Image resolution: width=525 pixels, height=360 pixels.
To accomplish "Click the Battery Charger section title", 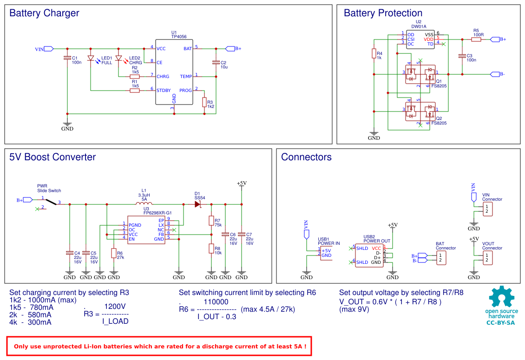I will [44, 13].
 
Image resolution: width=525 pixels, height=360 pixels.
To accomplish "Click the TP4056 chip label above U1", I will [179, 37].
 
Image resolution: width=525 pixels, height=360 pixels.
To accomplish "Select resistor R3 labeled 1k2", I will [204, 102].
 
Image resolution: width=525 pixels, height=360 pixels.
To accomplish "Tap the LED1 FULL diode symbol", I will [91, 59].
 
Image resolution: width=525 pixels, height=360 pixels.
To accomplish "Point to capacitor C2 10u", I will [216, 62].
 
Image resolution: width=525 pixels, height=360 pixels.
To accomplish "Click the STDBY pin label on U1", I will [164, 91].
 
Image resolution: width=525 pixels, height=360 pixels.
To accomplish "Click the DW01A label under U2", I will [419, 27].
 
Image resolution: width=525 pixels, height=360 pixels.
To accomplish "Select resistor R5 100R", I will [476, 39].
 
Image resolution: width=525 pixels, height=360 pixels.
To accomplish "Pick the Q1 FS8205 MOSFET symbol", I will [420, 74].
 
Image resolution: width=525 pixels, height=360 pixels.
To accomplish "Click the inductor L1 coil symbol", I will [144, 203].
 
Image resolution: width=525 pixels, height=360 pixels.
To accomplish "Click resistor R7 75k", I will [211, 221].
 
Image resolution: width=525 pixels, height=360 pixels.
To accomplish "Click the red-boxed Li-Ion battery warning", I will [158, 346].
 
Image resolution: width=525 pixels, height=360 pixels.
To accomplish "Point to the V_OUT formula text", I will [390, 301].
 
